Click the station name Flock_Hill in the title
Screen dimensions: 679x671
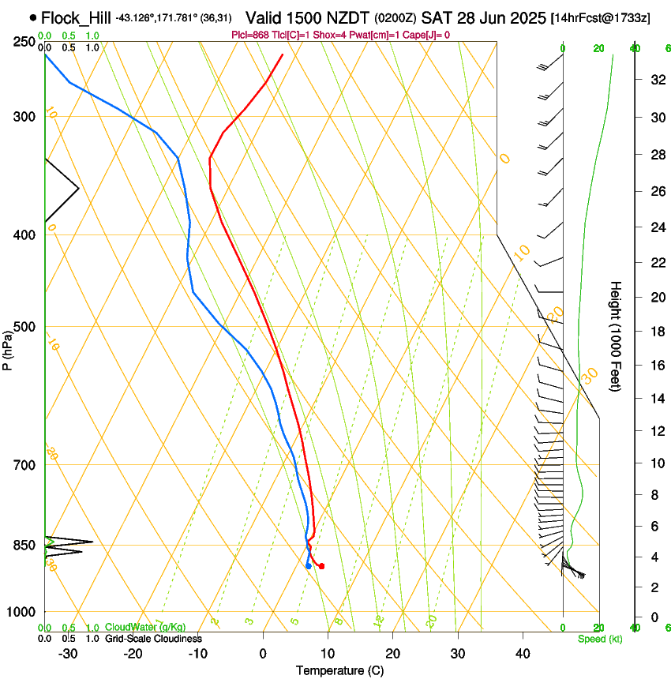tap(77, 17)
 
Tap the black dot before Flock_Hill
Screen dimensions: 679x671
tap(32, 17)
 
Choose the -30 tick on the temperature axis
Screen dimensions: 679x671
tap(68, 653)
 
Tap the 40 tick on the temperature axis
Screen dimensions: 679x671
tap(523, 653)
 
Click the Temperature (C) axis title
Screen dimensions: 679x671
tap(339, 670)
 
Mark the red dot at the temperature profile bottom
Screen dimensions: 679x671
tap(321, 566)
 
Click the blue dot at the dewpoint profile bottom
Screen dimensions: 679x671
tap(308, 566)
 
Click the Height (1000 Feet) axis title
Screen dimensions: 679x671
tap(616, 336)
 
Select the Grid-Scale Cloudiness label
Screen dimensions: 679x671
tap(153, 639)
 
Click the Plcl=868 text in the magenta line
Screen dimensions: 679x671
tap(252, 35)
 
